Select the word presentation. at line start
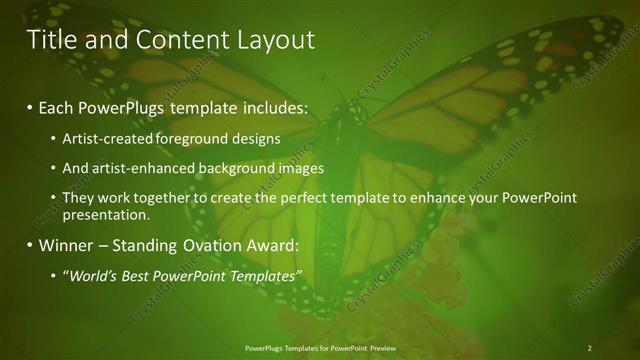point(106,214)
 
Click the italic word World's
point(91,276)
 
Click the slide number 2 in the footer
point(589,348)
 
